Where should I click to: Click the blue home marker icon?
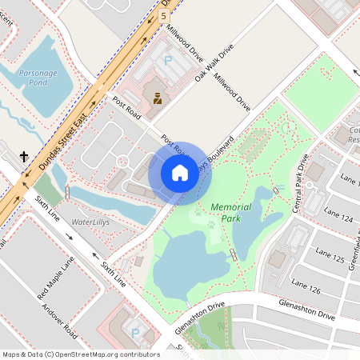click(180, 173)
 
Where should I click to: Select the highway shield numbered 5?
click(164, 15)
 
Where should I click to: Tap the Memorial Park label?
click(231, 212)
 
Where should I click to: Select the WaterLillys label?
click(90, 221)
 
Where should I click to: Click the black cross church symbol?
click(24, 157)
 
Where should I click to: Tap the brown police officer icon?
click(157, 98)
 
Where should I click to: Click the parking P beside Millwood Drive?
click(167, 60)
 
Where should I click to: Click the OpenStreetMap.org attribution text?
click(103, 354)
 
